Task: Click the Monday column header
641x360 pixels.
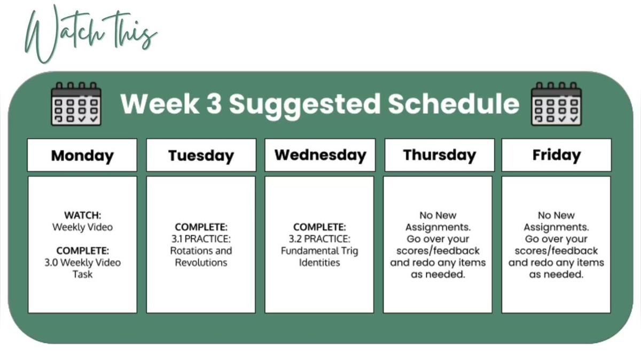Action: (82, 155)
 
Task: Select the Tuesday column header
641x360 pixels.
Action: (201, 155)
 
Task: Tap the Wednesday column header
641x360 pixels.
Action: (320, 155)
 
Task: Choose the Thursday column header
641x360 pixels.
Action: (440, 155)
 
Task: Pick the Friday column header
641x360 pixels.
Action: (557, 155)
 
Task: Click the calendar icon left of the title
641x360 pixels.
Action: (76, 104)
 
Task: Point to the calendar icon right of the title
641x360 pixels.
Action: (556, 104)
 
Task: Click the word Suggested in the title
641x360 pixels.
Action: (304, 105)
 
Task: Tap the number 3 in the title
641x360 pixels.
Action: (214, 103)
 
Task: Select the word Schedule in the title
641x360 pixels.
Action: (454, 103)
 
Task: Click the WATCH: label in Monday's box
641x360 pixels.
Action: (83, 215)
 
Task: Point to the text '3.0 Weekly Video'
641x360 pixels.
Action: (83, 262)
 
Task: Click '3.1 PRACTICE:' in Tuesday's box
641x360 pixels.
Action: (201, 239)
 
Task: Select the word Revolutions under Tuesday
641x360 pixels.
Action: (201, 262)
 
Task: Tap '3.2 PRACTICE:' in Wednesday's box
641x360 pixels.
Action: (319, 239)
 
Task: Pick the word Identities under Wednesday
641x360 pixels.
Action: (319, 262)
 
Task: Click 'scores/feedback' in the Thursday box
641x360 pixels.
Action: (438, 251)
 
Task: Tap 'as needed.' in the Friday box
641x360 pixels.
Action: (556, 275)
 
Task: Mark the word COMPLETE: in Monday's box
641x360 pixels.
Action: (83, 251)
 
